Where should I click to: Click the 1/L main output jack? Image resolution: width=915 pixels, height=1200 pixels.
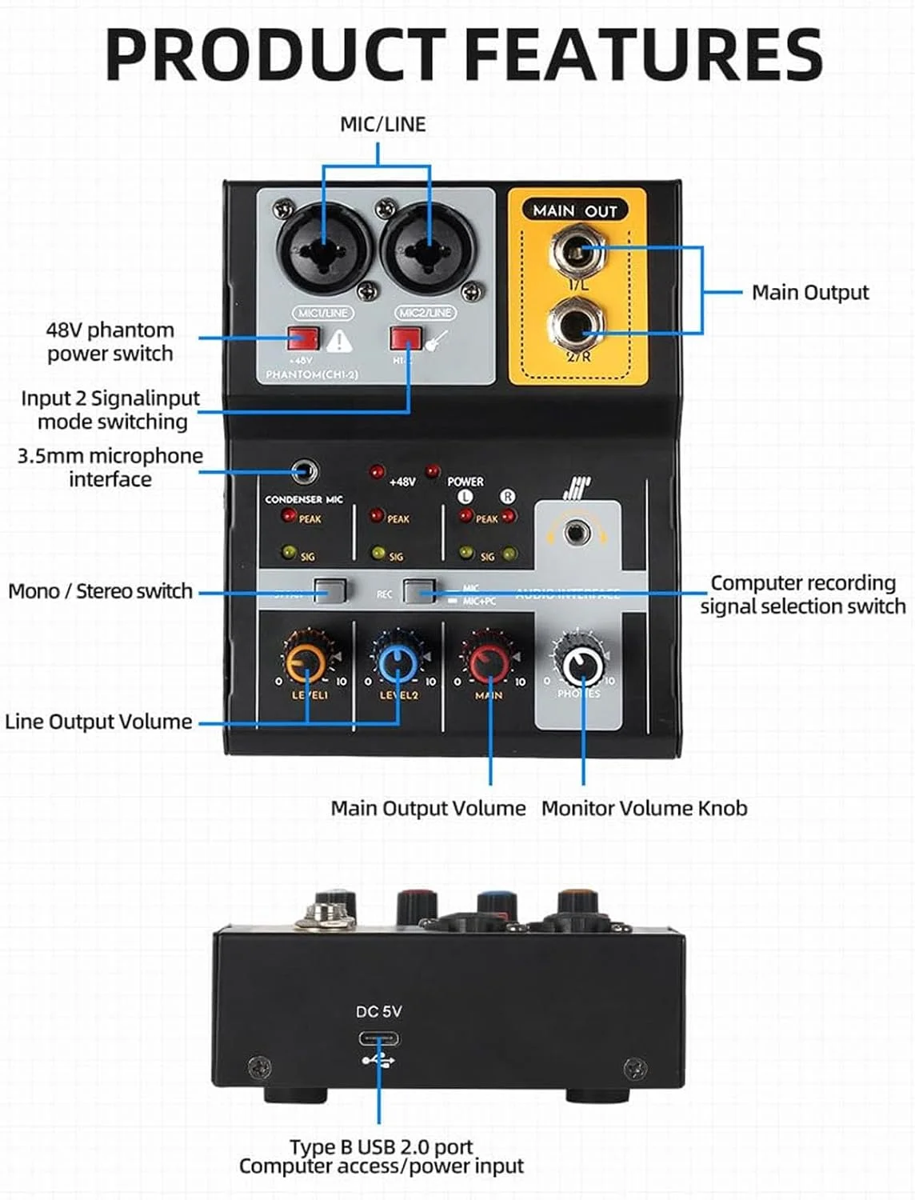coord(577,251)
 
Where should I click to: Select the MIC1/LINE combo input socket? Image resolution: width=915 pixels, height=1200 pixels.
coord(325,245)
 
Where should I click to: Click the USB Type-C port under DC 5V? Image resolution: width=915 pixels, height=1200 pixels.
coord(379,1040)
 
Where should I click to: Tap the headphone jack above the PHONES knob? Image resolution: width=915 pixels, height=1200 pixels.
coord(573,532)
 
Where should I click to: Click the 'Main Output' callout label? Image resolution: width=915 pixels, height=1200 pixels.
coord(809,293)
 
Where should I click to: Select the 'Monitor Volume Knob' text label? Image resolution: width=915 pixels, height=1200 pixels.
coord(644,808)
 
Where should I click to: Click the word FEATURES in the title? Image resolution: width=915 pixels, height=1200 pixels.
coord(642,54)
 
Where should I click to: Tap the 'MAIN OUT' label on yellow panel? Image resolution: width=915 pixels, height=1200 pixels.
coord(575,210)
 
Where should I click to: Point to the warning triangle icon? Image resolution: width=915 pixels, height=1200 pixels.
coord(340,342)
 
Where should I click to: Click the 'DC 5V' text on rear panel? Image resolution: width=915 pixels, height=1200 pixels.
coord(378,1011)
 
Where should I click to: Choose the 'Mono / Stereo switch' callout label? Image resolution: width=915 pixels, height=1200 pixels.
coord(101,591)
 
